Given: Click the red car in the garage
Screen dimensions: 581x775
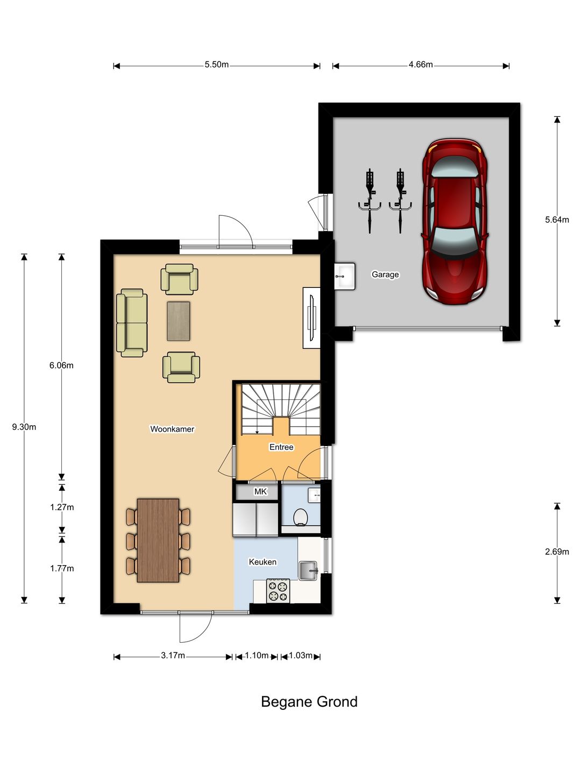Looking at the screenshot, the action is pyautogui.click(x=455, y=221).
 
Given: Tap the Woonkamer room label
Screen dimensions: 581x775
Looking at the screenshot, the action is pyautogui.click(x=172, y=429).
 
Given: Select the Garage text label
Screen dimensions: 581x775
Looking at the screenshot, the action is pyautogui.click(x=385, y=274).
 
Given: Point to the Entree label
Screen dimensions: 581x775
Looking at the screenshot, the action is pyautogui.click(x=281, y=447).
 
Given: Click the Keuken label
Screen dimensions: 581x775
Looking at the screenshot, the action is pyautogui.click(x=263, y=562).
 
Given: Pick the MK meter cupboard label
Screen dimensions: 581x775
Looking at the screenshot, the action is pyautogui.click(x=260, y=491).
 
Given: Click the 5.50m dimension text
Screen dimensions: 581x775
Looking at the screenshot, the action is pyautogui.click(x=217, y=65).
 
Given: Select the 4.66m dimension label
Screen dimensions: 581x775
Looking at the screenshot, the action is pyautogui.click(x=421, y=65).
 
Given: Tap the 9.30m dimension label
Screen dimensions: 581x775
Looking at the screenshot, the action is pyautogui.click(x=24, y=427).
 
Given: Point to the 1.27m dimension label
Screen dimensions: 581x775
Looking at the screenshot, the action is pyautogui.click(x=62, y=508).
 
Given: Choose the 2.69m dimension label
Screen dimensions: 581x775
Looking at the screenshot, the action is pyautogui.click(x=557, y=552).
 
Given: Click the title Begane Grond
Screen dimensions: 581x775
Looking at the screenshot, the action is pyautogui.click(x=309, y=702).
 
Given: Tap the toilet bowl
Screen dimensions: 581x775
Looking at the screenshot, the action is pyautogui.click(x=301, y=518).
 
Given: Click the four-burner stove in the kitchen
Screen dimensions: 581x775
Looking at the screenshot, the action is pyautogui.click(x=278, y=591).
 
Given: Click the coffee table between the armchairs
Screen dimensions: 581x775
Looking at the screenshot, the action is pyautogui.click(x=179, y=321).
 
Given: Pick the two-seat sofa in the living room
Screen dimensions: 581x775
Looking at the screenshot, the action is pyautogui.click(x=132, y=323).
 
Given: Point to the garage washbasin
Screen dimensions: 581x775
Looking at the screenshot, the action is pyautogui.click(x=344, y=276).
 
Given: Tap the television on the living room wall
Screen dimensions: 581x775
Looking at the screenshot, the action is pyautogui.click(x=312, y=318).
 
